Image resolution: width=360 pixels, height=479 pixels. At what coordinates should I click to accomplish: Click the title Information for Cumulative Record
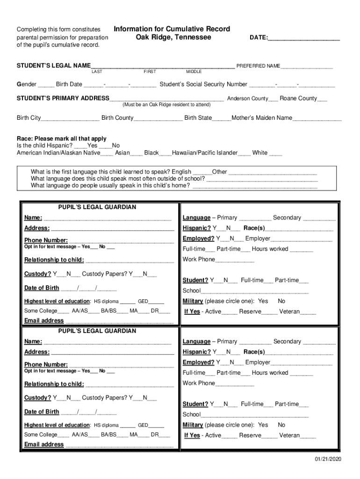click(x=172, y=29)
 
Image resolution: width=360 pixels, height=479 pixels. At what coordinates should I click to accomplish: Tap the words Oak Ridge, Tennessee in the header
click(x=173, y=37)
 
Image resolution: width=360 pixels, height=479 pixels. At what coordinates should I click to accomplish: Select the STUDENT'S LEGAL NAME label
click(x=54, y=66)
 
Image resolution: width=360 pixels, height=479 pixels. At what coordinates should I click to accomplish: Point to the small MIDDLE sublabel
click(x=194, y=72)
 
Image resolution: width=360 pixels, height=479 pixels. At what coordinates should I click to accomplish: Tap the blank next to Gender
click(x=46, y=85)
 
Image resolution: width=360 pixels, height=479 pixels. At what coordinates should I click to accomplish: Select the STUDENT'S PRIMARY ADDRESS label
click(x=63, y=98)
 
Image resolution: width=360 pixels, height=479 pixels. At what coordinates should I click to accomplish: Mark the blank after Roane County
click(x=322, y=99)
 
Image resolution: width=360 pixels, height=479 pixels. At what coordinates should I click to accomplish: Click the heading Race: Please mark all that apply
click(x=62, y=138)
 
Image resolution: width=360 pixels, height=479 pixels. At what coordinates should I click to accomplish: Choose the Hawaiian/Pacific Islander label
click(x=205, y=152)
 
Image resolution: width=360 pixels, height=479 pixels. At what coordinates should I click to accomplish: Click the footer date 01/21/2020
click(x=328, y=459)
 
